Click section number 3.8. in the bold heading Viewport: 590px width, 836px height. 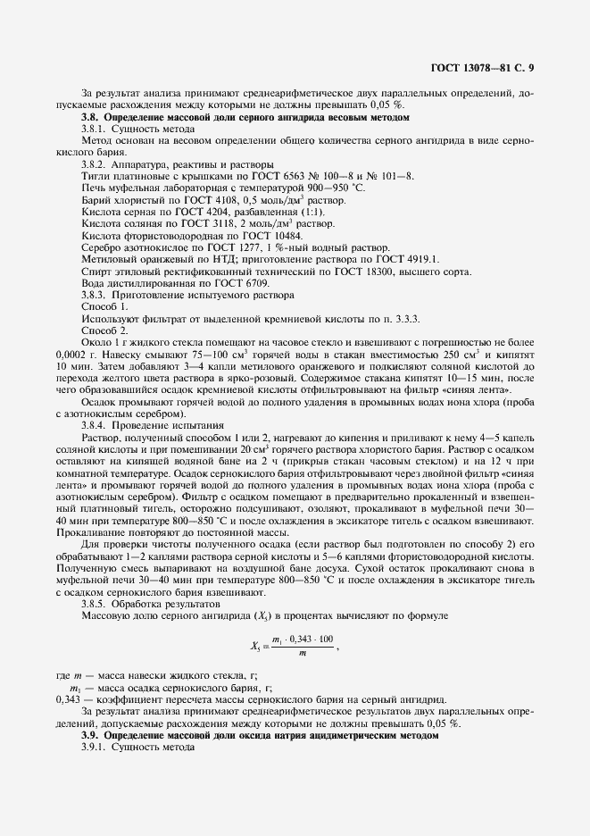[90, 118]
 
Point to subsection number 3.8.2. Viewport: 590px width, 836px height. [94, 164]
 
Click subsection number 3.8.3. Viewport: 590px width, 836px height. [94, 294]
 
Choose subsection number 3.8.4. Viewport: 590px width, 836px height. [94, 424]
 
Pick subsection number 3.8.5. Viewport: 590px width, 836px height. [94, 603]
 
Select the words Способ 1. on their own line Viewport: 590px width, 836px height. [104, 305]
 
